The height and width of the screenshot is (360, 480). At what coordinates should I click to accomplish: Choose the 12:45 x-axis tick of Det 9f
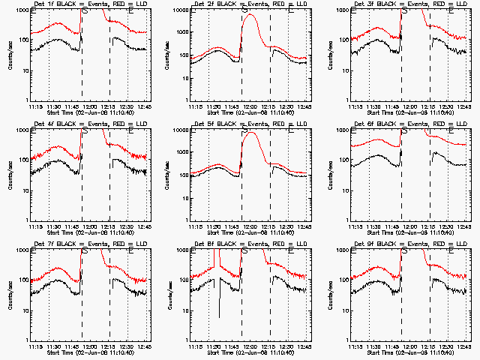466,346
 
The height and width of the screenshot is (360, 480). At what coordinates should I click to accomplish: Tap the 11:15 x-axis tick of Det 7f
35,346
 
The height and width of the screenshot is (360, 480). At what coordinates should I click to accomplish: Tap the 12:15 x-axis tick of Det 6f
433,226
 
